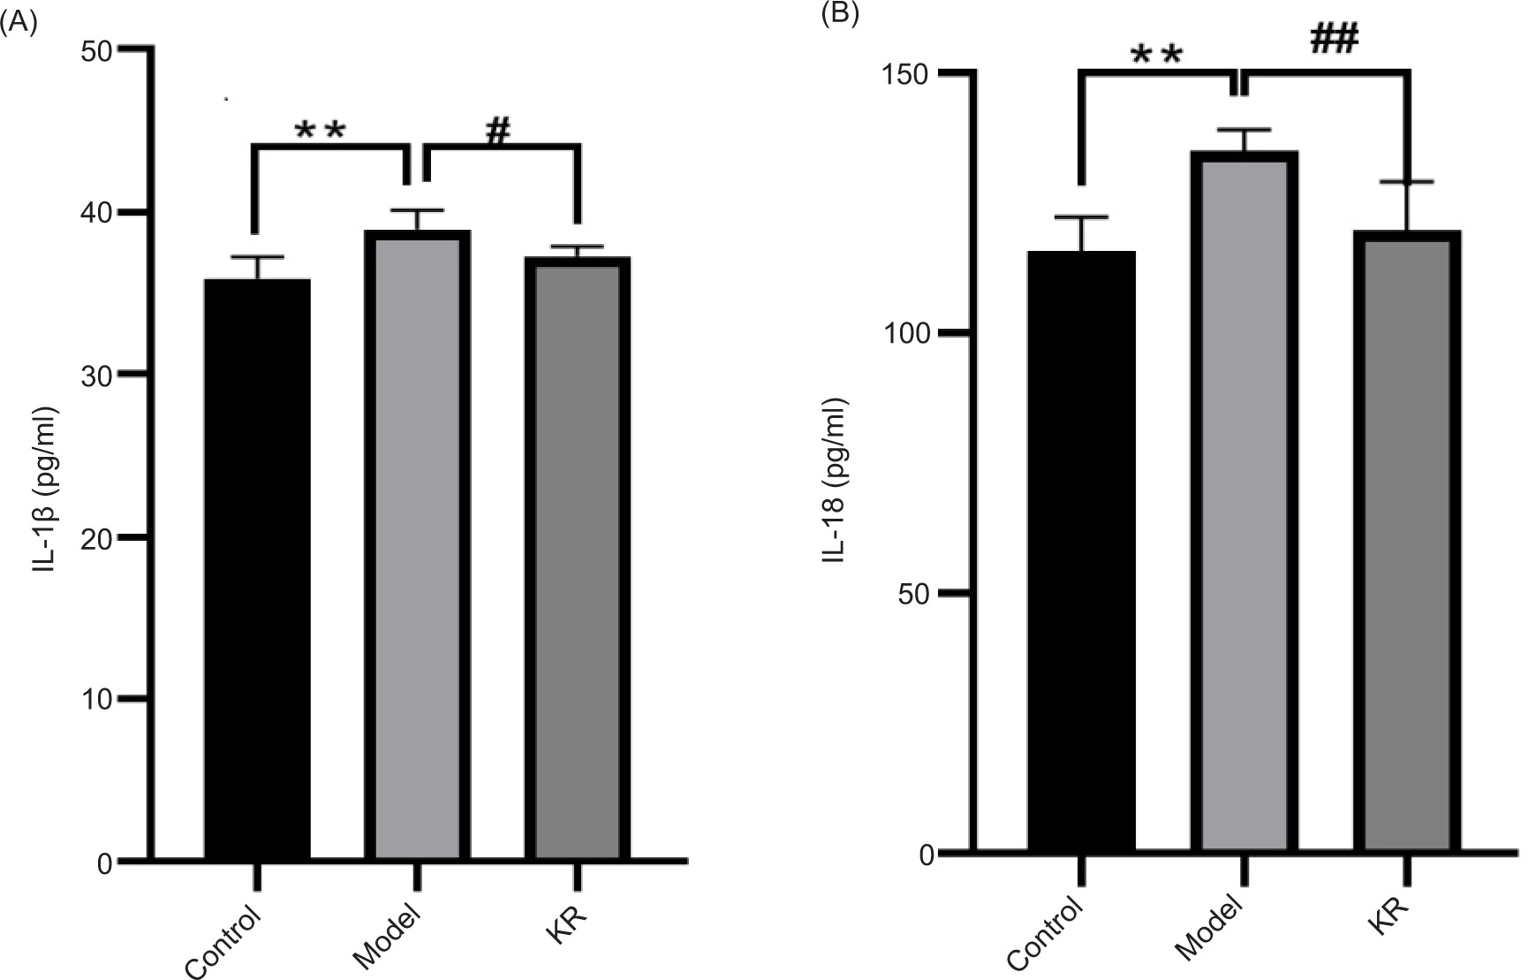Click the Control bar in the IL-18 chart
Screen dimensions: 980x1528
(1081, 552)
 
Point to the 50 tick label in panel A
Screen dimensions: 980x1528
(96, 50)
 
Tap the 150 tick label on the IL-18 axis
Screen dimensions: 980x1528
(909, 74)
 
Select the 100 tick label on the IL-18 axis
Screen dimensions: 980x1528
(909, 334)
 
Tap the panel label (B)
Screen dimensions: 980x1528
(840, 15)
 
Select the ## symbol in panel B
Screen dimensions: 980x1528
(1334, 40)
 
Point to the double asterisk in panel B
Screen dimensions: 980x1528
(1156, 56)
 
